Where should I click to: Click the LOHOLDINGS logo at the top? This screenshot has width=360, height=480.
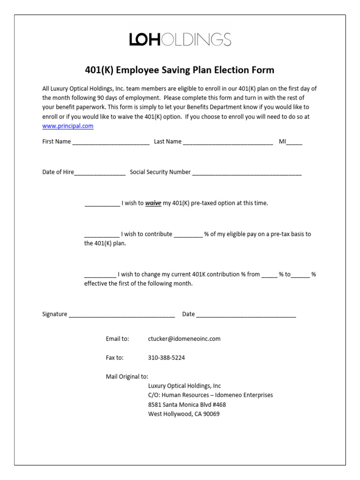180,39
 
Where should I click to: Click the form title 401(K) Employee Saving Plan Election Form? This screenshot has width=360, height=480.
180,70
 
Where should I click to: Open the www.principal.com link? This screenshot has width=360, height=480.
68,126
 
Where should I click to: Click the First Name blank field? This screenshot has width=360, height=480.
111,142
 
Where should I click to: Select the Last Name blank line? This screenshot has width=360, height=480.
228,142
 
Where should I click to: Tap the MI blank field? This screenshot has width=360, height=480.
294,142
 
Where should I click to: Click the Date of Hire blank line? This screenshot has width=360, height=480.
100,172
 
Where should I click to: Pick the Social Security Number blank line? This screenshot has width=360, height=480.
247,172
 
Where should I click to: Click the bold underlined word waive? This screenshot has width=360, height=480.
153,203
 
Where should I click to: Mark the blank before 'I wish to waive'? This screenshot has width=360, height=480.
102,204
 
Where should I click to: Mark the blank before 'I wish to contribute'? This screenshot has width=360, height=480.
102,234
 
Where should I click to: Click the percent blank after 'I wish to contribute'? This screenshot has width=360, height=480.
188,234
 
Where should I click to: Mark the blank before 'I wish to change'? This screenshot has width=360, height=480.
100,275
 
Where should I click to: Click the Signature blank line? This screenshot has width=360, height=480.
122,315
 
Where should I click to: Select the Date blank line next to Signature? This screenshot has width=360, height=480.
246,315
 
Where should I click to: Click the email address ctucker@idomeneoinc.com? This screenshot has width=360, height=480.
184,338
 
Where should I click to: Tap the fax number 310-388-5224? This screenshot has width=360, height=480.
166,358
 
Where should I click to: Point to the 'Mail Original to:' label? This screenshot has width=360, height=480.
127,376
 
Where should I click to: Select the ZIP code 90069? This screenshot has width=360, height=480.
211,414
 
